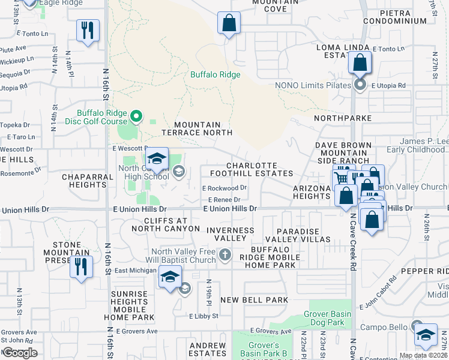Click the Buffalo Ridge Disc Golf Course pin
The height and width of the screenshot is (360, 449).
pyautogui.click(x=136, y=116)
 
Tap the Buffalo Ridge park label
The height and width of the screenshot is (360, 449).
pyautogui.click(x=215, y=75)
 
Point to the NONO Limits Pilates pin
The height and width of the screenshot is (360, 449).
pyautogui.click(x=360, y=85)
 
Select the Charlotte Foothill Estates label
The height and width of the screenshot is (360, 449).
pyautogui.click(x=252, y=169)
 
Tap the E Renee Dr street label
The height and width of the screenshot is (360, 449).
pyautogui.click(x=224, y=200)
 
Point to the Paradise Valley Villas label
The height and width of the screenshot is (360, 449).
pyautogui.click(x=303, y=235)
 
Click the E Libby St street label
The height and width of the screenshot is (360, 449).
pyautogui.click(x=204, y=316)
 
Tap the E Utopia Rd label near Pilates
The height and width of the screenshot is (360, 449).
pyautogui.click(x=388, y=86)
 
